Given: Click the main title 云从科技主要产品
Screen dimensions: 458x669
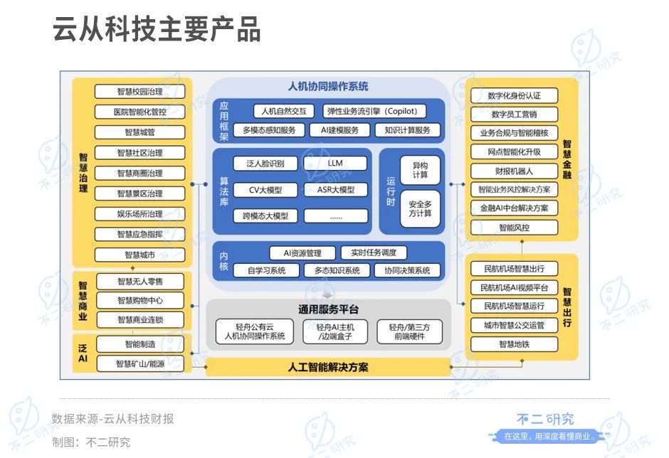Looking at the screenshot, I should point(157,31).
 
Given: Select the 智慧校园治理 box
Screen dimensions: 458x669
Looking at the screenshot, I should point(139,92).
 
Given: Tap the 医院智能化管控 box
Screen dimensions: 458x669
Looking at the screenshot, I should point(139,112).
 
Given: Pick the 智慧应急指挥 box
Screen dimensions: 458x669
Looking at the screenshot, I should point(139,234).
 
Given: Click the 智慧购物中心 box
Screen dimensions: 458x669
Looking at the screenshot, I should point(139,300).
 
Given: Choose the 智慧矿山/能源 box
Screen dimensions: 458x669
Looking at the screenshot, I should point(139,364).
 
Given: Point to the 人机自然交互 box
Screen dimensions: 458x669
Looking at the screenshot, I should point(283,111).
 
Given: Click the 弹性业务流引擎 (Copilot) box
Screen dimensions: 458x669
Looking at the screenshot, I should point(375,111).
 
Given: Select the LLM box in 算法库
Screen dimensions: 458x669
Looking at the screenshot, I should point(335,163).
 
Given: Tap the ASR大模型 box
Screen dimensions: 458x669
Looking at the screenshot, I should point(335,190).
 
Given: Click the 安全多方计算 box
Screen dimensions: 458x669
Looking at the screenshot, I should point(420,208).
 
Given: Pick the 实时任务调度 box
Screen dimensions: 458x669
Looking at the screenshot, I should point(374,252).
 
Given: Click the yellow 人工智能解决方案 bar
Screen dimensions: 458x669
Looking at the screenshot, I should point(328,368).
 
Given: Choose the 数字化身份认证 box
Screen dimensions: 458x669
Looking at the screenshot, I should point(514,95).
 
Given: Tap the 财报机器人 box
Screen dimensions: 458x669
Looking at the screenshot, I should point(514,171).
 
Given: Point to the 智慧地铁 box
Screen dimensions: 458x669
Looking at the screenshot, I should point(514,344).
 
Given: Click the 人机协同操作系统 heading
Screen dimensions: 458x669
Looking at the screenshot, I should point(328,87).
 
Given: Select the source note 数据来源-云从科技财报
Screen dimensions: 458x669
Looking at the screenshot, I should point(112,419).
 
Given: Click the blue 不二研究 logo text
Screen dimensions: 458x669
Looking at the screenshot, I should point(545,420).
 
